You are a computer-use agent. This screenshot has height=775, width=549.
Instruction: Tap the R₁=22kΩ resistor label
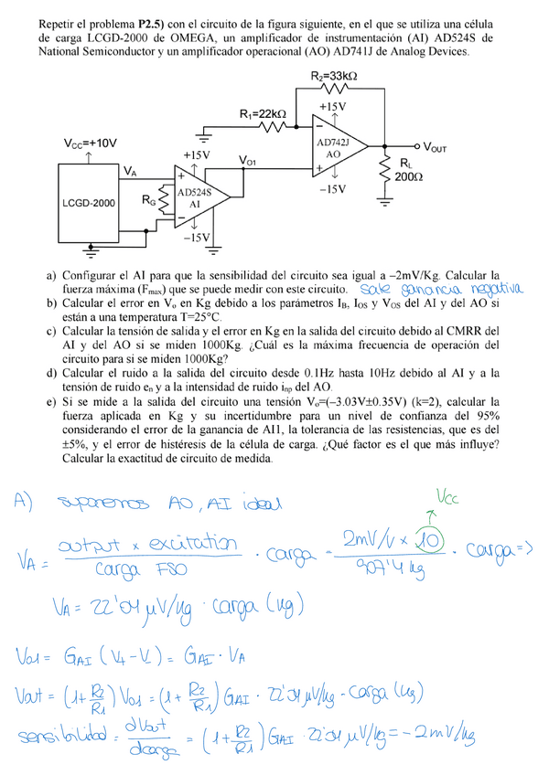pos(263,114)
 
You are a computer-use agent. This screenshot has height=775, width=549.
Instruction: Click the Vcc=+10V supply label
pos(90,143)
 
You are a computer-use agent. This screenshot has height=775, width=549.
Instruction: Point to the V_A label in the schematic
pos(130,171)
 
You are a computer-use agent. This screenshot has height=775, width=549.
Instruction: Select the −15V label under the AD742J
pos(331,189)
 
